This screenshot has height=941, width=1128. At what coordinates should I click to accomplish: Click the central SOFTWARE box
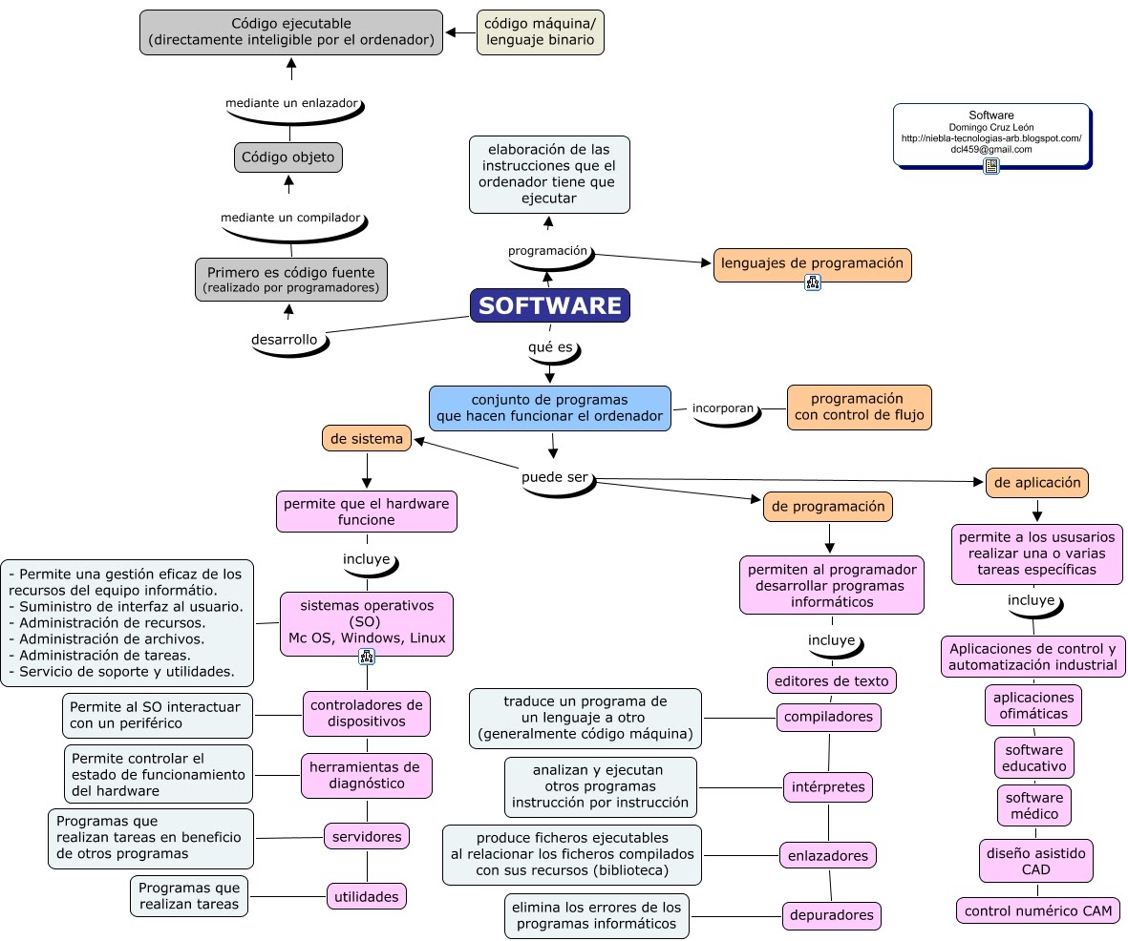pyautogui.click(x=549, y=305)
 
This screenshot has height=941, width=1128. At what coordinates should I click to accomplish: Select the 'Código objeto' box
pyautogui.click(x=288, y=157)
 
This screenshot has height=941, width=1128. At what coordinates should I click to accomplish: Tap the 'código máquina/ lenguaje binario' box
pyautogui.click(x=541, y=32)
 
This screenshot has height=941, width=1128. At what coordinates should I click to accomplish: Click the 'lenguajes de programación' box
pyautogui.click(x=812, y=264)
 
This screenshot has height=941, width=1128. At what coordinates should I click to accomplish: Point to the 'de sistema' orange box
pyautogui.click(x=367, y=438)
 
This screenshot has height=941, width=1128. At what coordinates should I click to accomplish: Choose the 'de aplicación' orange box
pyautogui.click(x=1036, y=483)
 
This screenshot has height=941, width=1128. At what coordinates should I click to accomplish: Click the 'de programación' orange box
pyautogui.click(x=827, y=507)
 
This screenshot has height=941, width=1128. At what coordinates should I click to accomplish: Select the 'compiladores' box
pyautogui.click(x=827, y=716)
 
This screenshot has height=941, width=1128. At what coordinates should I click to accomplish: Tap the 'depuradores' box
pyautogui.click(x=831, y=915)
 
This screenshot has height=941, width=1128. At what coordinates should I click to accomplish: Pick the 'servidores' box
pyautogui.click(x=367, y=836)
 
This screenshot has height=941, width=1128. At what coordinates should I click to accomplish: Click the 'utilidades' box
pyautogui.click(x=367, y=896)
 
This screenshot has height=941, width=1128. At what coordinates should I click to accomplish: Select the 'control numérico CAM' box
pyautogui.click(x=1037, y=910)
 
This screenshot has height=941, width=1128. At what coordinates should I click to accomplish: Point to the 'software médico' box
pyautogui.click(x=1033, y=805)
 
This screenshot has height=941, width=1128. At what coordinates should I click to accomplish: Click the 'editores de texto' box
pyautogui.click(x=831, y=680)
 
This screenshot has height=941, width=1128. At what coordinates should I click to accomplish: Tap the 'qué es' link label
pyautogui.click(x=551, y=347)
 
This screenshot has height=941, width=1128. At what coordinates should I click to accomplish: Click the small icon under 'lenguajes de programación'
pyautogui.click(x=812, y=282)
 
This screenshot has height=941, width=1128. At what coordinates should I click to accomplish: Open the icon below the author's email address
pyautogui.click(x=991, y=166)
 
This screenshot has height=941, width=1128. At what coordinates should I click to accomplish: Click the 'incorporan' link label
pyautogui.click(x=723, y=408)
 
